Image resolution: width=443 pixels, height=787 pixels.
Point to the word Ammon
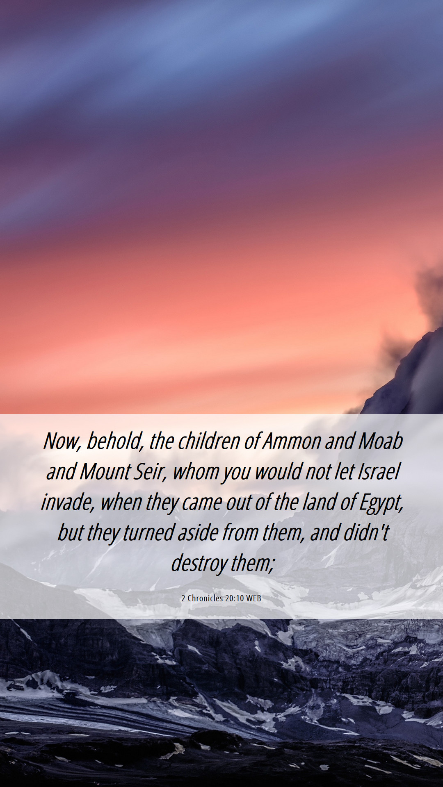(292, 441)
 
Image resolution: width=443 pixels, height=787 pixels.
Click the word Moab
(380, 441)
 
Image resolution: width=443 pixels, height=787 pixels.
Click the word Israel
(378, 471)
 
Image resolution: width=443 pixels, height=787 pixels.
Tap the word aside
(198, 532)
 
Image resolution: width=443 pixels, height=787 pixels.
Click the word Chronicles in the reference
(205, 598)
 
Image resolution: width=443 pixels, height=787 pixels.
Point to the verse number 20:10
(235, 598)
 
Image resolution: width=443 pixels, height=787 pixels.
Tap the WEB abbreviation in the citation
(253, 598)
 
